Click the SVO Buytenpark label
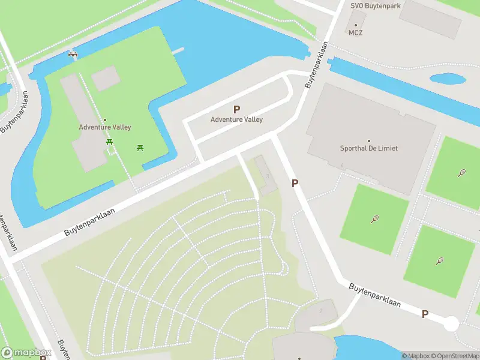376,5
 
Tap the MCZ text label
356,33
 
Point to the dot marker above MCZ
356,25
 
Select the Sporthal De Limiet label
369,148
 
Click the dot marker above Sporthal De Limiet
369,140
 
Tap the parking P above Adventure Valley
236,109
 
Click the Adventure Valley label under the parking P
236,119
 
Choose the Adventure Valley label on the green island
105,127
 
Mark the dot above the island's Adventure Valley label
105,120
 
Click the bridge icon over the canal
73,54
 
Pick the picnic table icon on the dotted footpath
110,142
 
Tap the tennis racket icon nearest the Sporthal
375,218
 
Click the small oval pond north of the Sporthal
448,79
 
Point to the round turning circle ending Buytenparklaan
451,324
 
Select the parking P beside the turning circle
425,314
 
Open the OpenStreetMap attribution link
454,356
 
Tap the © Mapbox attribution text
416,356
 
